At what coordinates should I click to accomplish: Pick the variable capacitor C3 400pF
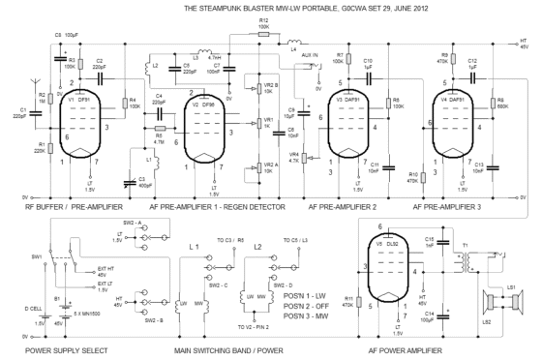pos(130,179)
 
